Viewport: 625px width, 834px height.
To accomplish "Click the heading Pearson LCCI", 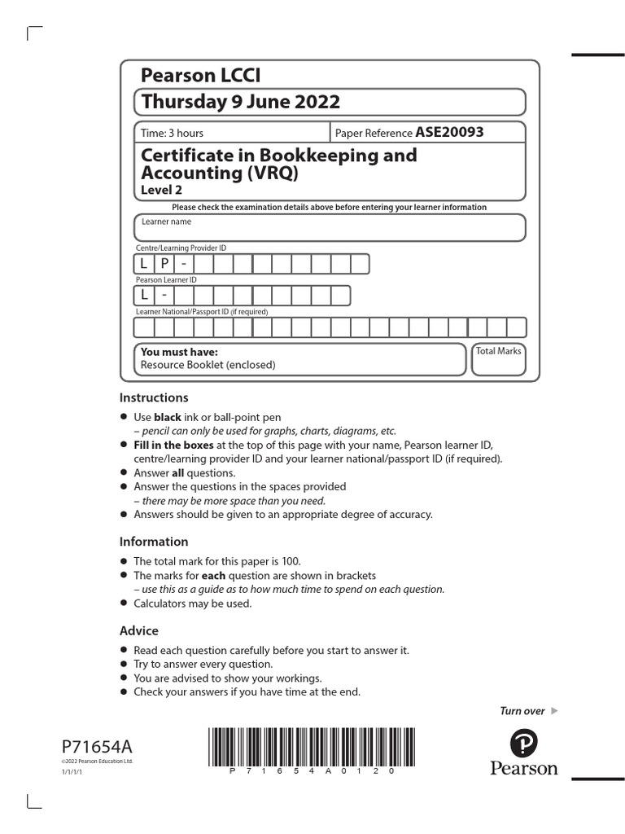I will tap(201, 76).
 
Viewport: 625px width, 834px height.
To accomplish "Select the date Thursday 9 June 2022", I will tap(240, 102).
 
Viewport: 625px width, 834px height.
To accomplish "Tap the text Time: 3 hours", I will tap(173, 133).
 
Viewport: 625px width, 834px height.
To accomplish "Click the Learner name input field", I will tap(330, 228).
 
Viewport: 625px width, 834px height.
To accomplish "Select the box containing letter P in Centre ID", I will tap(164, 264).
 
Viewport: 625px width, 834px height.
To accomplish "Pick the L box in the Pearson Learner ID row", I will tap(144, 295).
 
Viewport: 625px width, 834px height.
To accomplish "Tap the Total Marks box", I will tap(499, 359).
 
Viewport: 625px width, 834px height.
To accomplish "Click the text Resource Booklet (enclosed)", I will tap(208, 365).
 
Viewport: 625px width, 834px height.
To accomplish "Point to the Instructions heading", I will tap(154, 397).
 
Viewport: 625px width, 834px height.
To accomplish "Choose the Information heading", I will tap(154, 542).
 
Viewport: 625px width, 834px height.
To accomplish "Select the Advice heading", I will tap(139, 630).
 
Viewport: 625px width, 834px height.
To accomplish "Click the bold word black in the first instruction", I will tap(168, 417).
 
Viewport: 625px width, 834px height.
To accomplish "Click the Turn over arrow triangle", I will tap(555, 711).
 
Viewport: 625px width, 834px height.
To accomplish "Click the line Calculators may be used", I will tap(193, 604).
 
